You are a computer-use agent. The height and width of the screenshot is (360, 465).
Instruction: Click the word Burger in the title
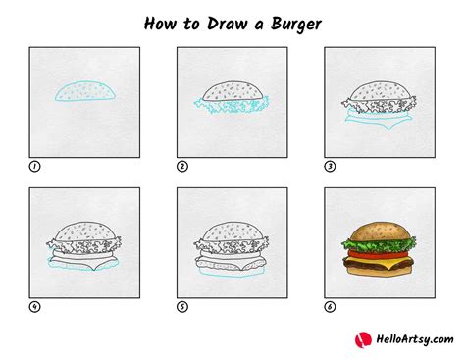(296, 24)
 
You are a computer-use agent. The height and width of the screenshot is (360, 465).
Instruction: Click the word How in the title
(160, 24)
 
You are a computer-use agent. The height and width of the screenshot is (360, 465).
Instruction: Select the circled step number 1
(34, 167)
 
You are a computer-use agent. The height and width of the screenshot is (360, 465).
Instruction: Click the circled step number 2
(182, 167)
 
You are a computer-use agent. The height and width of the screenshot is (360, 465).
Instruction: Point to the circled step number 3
(330, 167)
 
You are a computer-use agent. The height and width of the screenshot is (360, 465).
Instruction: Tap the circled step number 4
(34, 307)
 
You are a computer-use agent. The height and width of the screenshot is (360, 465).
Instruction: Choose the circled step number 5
(182, 307)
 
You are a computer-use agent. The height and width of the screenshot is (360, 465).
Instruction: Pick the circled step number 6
(330, 307)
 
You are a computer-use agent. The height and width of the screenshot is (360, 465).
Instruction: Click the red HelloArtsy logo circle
(363, 340)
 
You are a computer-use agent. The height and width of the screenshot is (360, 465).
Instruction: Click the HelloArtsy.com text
(415, 339)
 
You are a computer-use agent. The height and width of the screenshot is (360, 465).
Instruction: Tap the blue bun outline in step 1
(85, 82)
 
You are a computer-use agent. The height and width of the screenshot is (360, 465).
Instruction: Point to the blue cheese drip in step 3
(388, 126)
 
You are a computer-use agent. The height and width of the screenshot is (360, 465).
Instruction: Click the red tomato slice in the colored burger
(378, 254)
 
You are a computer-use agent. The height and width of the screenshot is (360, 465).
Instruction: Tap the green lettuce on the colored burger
(379, 244)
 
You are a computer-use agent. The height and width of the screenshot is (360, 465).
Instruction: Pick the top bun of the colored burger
(379, 232)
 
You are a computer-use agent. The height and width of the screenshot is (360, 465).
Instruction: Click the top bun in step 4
(85, 231)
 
